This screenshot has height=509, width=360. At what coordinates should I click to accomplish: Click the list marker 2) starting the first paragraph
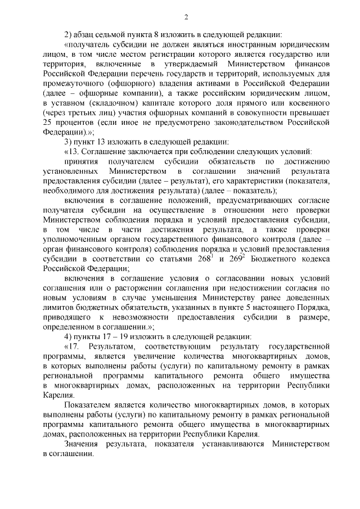tap(69, 33)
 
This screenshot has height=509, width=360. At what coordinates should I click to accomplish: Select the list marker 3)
tap(69, 142)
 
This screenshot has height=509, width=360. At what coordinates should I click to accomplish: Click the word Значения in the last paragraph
tap(82, 444)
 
